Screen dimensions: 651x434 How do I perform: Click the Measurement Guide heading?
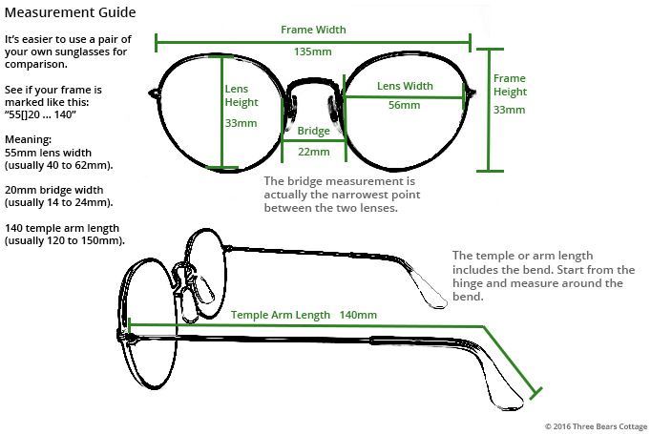[x=71, y=12]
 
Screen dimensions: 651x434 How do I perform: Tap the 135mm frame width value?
[x=313, y=52]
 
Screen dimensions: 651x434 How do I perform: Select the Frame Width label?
[x=313, y=30]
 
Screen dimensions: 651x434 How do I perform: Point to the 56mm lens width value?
[x=404, y=105]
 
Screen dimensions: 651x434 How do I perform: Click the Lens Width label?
[x=405, y=86]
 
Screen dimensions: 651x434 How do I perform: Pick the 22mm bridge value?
[x=314, y=152]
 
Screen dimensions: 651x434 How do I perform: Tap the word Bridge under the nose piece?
[x=313, y=131]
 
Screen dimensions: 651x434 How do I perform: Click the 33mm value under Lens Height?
[x=241, y=123]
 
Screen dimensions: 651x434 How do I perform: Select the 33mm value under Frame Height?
[x=509, y=110]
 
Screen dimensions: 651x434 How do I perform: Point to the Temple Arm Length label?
[x=281, y=316]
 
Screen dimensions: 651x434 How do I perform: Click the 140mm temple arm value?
[x=358, y=315]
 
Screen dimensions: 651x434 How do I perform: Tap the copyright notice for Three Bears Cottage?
[x=597, y=426]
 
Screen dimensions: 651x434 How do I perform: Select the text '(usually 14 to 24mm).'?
[x=58, y=202]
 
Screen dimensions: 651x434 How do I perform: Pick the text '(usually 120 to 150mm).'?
[x=64, y=240]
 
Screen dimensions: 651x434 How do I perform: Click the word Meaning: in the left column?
[x=28, y=140]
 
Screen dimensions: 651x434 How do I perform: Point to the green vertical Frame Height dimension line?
[x=490, y=110]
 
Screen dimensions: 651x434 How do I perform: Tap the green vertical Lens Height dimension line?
[x=222, y=112]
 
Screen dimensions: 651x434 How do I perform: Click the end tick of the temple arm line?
[x=536, y=393]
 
